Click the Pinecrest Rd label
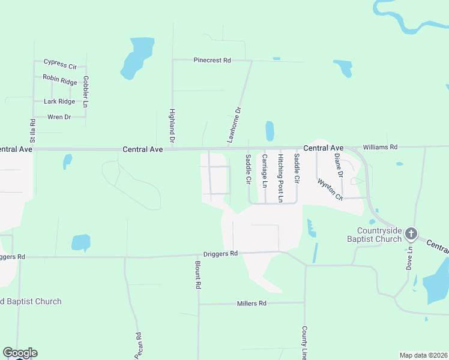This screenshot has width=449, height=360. tap(212, 61)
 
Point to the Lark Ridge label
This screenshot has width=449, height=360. tap(59, 101)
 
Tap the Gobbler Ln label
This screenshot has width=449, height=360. tap(86, 92)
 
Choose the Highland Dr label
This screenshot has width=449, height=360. tap(172, 125)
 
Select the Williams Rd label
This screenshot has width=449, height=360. tap(380, 146)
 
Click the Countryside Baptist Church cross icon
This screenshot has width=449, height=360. tap(411, 233)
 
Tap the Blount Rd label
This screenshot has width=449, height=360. tap(197, 275)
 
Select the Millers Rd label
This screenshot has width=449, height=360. tap(252, 304)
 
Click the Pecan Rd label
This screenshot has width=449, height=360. tap(138, 346)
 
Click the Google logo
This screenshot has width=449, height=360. tap(20, 353)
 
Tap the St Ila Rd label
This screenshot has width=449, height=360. tap(32, 130)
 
